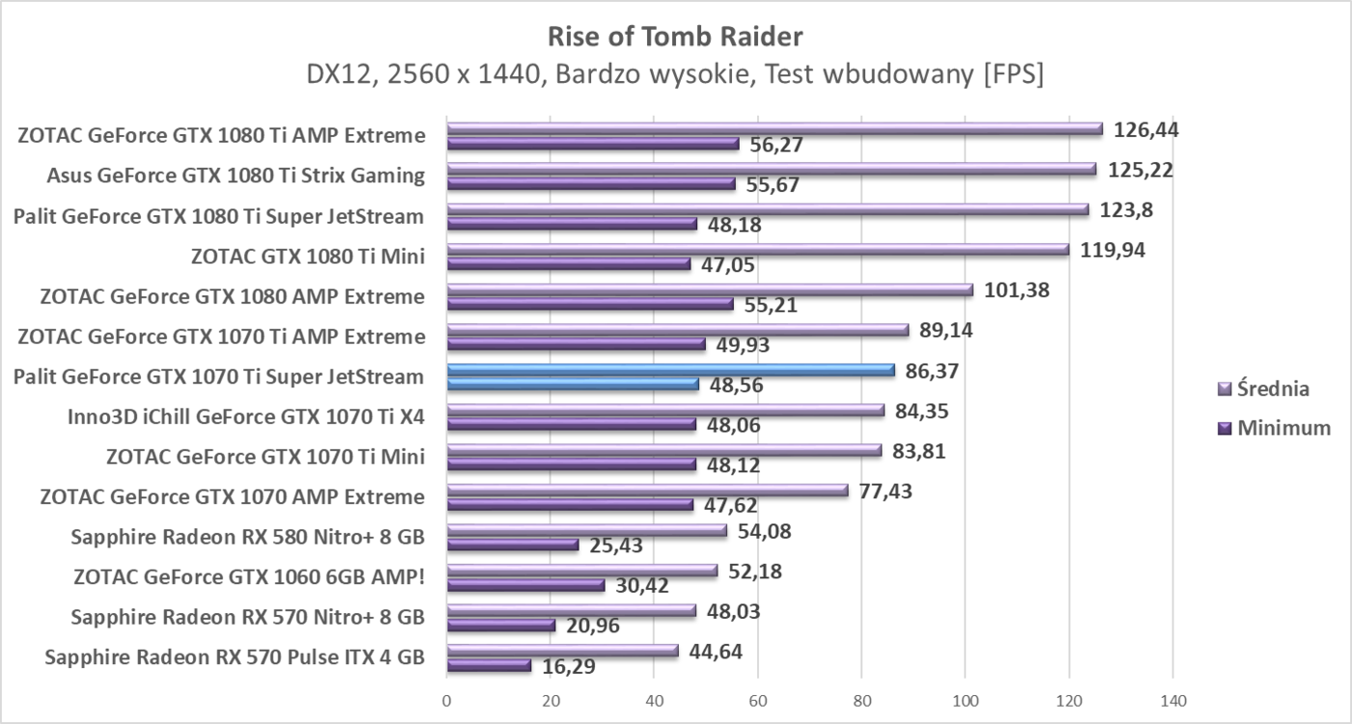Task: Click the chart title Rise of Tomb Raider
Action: coord(675,37)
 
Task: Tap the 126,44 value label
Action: coord(1146,129)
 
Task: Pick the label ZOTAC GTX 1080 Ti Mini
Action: coord(309,256)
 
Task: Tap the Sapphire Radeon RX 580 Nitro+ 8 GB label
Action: coord(248,537)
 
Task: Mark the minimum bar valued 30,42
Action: coord(525,585)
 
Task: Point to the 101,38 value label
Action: coord(1017,290)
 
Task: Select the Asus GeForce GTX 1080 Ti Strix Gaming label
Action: coord(236,176)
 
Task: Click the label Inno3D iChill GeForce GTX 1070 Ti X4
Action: coord(246,417)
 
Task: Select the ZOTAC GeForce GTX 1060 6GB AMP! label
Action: coord(249,577)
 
